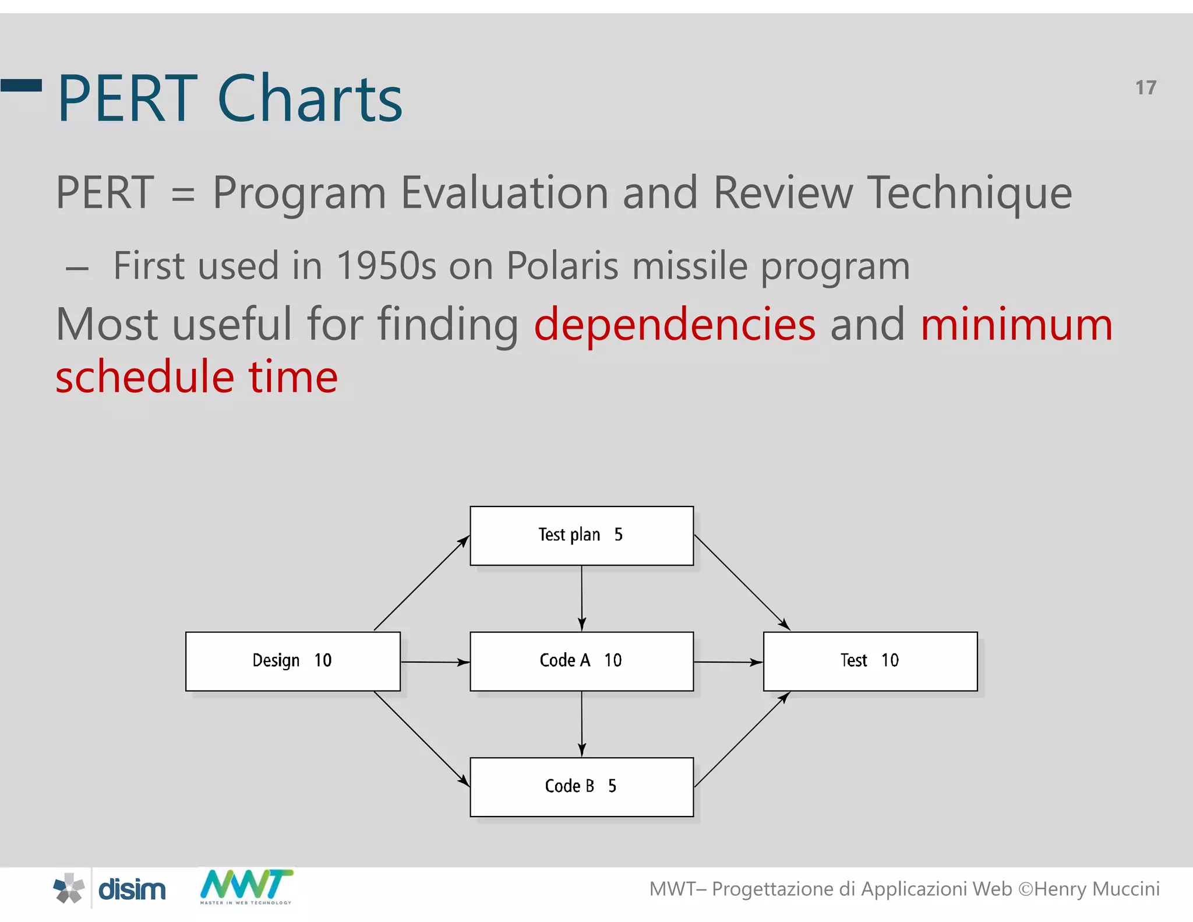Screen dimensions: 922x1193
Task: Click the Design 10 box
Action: (x=292, y=661)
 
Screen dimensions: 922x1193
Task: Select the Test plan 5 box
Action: (x=581, y=535)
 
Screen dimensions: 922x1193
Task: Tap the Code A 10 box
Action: (x=581, y=661)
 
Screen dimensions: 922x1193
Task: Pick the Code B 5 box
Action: (x=581, y=787)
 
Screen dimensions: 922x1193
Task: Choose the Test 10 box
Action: (x=870, y=661)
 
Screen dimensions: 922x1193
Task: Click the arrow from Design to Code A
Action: (x=435, y=662)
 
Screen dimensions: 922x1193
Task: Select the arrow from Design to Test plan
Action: (x=421, y=583)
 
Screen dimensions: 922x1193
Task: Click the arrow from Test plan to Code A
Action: (x=581, y=598)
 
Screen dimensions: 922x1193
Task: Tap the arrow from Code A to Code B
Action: (x=581, y=724)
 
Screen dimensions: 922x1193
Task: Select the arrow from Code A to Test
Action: (x=728, y=662)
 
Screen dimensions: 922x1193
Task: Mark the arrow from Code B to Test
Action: (x=742, y=739)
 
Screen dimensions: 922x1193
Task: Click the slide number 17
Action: (x=1145, y=88)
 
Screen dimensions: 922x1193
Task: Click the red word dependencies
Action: (x=675, y=325)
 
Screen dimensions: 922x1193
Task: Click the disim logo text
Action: (x=132, y=889)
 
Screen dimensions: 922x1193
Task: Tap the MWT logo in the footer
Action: (x=246, y=886)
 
